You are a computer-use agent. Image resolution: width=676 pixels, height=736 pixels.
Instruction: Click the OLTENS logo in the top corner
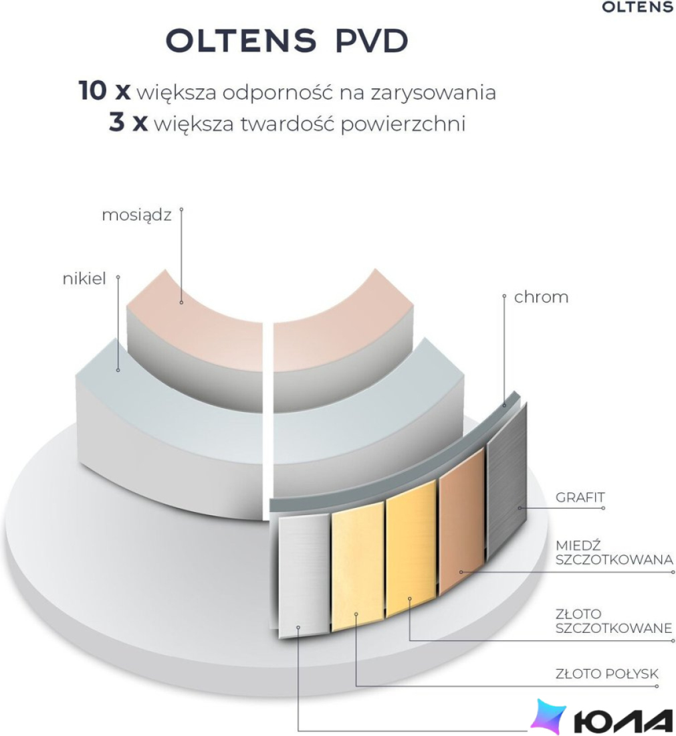(x=637, y=7)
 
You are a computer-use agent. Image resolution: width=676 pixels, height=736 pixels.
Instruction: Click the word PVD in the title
(x=372, y=41)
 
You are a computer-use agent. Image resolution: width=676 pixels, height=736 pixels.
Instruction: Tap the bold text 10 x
(x=104, y=90)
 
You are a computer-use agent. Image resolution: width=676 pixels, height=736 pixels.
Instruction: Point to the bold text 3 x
(x=128, y=123)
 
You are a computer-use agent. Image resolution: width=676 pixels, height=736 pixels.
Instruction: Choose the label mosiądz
(x=136, y=215)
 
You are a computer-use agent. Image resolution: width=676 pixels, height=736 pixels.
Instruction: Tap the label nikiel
(x=84, y=279)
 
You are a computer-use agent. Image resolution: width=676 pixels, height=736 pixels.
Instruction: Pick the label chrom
(x=541, y=297)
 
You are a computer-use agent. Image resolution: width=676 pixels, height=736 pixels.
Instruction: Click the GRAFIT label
(x=580, y=498)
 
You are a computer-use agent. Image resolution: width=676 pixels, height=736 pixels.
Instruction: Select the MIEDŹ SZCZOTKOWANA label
(x=614, y=553)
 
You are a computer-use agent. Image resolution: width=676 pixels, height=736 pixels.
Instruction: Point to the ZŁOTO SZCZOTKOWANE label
(x=614, y=621)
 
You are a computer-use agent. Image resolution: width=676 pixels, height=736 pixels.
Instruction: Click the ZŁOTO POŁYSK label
(x=606, y=674)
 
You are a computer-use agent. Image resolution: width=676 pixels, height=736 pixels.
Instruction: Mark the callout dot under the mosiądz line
(x=182, y=302)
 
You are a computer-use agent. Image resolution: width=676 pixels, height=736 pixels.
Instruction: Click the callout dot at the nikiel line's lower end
(x=118, y=371)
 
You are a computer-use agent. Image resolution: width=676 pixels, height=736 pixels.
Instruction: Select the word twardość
(x=288, y=124)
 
